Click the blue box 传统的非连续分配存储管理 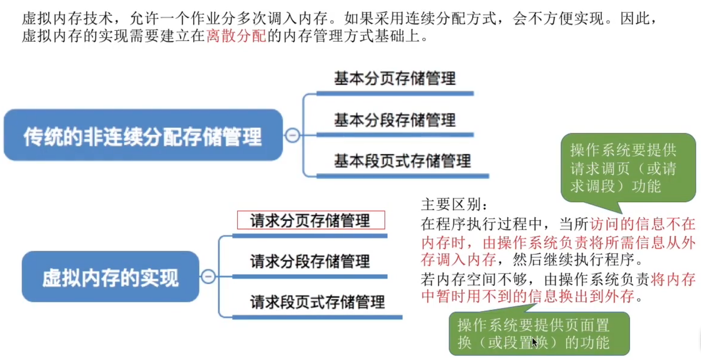[x=143, y=135]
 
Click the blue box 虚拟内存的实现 [x=110, y=277]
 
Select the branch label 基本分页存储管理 [x=395, y=79]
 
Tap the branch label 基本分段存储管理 [x=395, y=120]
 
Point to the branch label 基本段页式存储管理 [x=402, y=161]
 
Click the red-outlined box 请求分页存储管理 [x=311, y=220]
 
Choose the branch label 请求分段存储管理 [x=310, y=262]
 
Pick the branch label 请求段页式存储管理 [x=317, y=302]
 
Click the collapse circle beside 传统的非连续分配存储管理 [x=292, y=135]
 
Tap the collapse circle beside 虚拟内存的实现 [x=208, y=277]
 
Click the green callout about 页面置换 [x=539, y=334]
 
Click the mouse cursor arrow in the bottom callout [x=534, y=342]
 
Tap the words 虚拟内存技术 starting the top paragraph [x=67, y=18]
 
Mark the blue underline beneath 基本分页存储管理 [x=395, y=94]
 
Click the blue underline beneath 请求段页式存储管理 [x=317, y=317]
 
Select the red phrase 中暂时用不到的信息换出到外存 [x=528, y=297]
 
